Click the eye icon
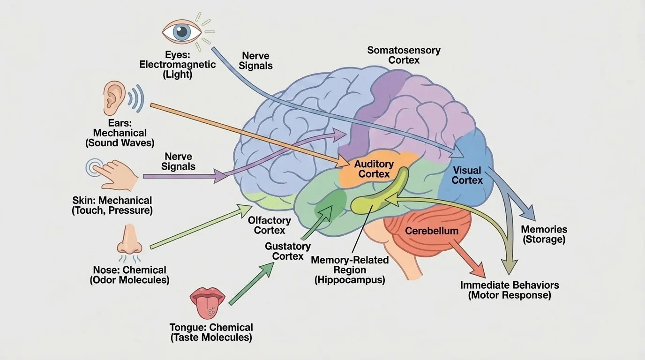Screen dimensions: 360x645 point(182,31)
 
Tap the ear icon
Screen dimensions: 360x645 point(114,98)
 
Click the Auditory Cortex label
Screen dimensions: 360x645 point(374,169)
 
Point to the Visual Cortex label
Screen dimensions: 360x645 point(467,175)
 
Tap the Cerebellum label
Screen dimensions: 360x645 point(431,231)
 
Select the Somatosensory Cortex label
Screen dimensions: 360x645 point(404,55)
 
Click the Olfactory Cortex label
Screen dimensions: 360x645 point(270,225)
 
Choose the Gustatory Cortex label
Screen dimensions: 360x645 point(288,251)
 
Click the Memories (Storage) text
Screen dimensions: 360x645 point(544,234)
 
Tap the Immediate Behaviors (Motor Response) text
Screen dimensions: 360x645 point(510,290)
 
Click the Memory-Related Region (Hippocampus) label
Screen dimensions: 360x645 point(349,270)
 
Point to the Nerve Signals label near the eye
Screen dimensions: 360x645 point(255,60)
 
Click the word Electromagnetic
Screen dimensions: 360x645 point(177,64)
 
